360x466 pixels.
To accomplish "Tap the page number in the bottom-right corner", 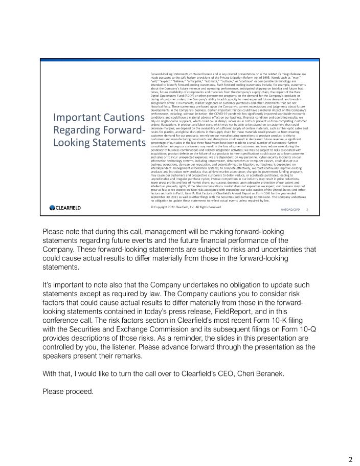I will tap(350, 459).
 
